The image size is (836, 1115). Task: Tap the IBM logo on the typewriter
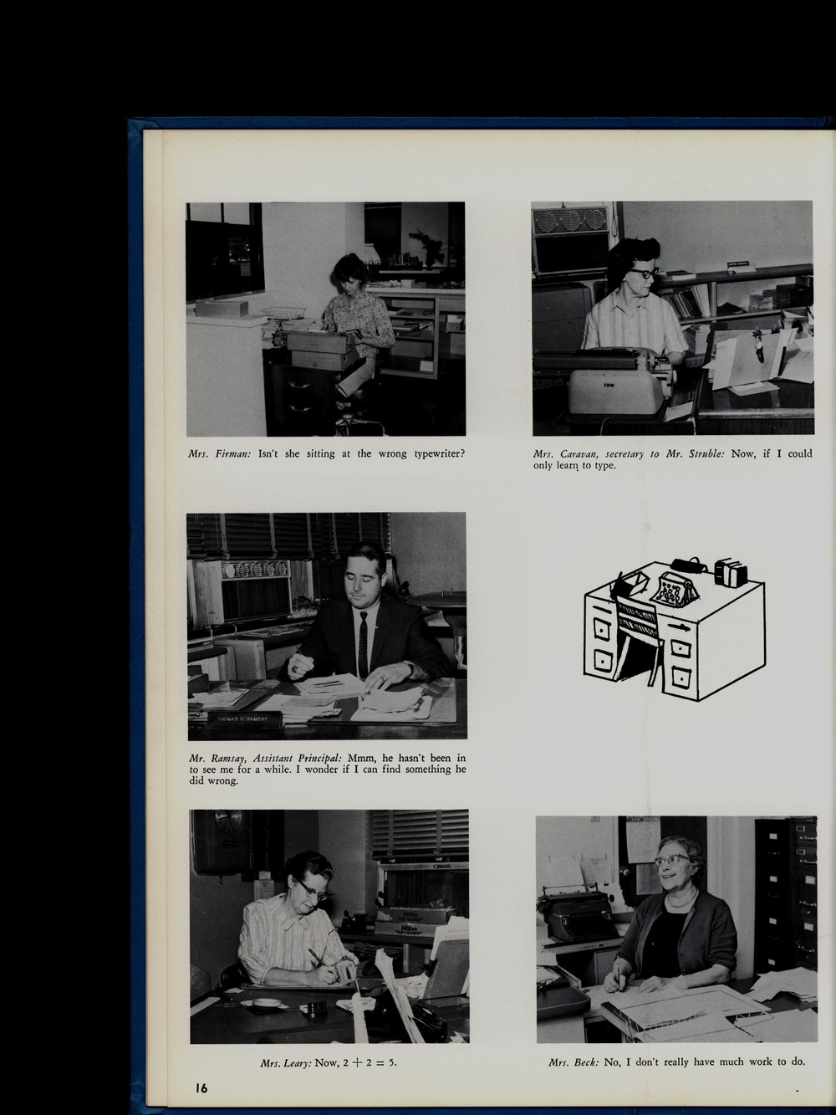pyautogui.click(x=609, y=385)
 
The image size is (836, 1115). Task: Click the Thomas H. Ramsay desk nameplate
pyautogui.click(x=243, y=719)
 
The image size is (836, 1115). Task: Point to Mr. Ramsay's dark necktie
pyautogui.click(x=363, y=645)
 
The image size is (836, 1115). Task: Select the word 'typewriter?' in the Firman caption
pyautogui.click(x=440, y=453)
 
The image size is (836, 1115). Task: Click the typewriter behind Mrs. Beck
pyautogui.click(x=577, y=914)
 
